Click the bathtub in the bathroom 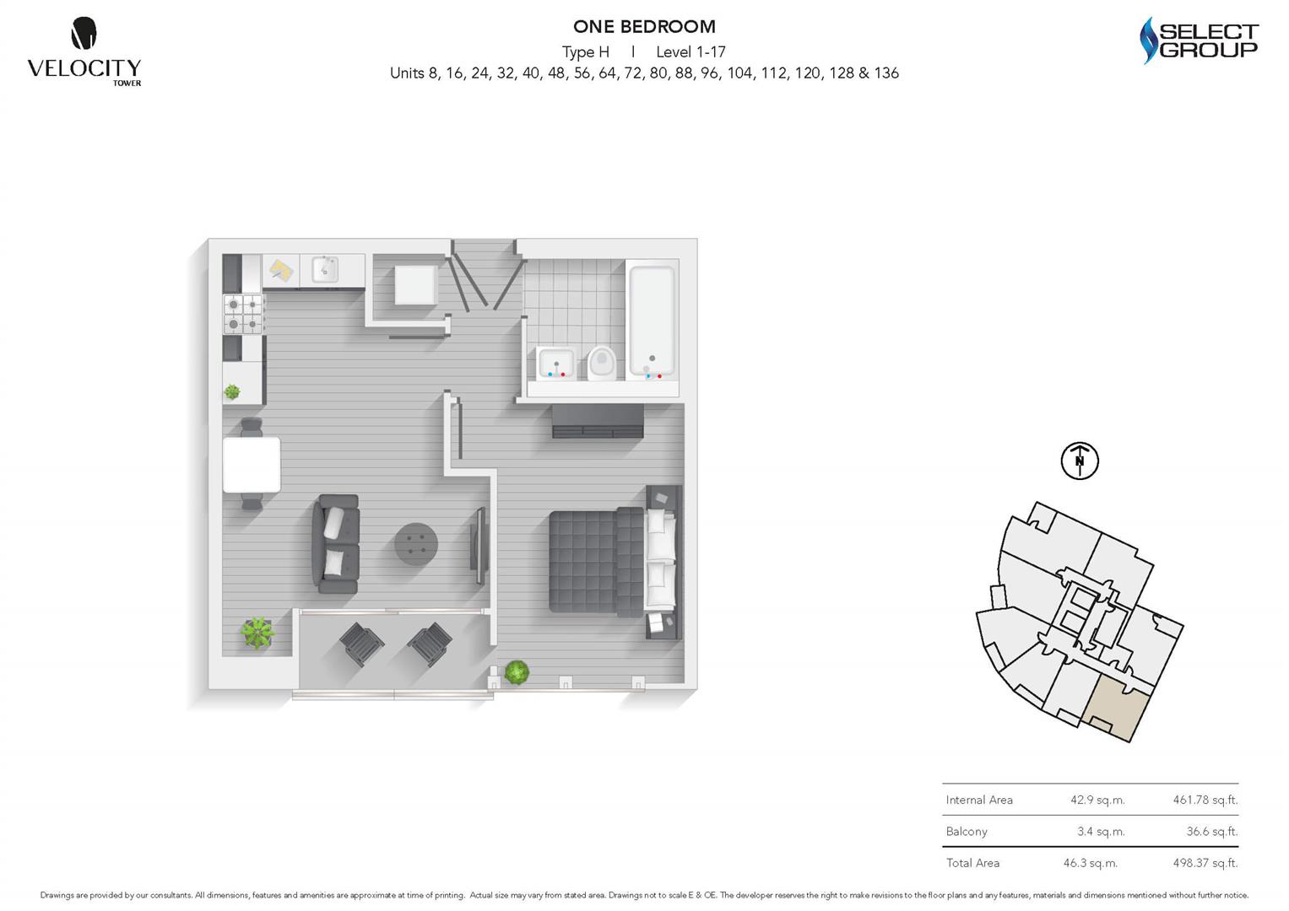[x=652, y=321]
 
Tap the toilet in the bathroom [x=602, y=362]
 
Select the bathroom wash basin [x=555, y=363]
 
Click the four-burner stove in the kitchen [x=243, y=314]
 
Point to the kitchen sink [x=325, y=270]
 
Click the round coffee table [x=416, y=544]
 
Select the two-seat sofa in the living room [x=336, y=542]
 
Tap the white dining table [x=252, y=464]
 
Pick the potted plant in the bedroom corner [x=517, y=672]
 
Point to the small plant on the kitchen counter [x=232, y=391]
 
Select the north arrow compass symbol [x=1079, y=461]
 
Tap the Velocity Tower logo [x=84, y=51]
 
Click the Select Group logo [x=1199, y=40]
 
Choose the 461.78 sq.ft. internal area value [x=1205, y=800]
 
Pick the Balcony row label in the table [x=967, y=832]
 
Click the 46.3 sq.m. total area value [x=1090, y=863]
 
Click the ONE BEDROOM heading [x=644, y=27]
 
